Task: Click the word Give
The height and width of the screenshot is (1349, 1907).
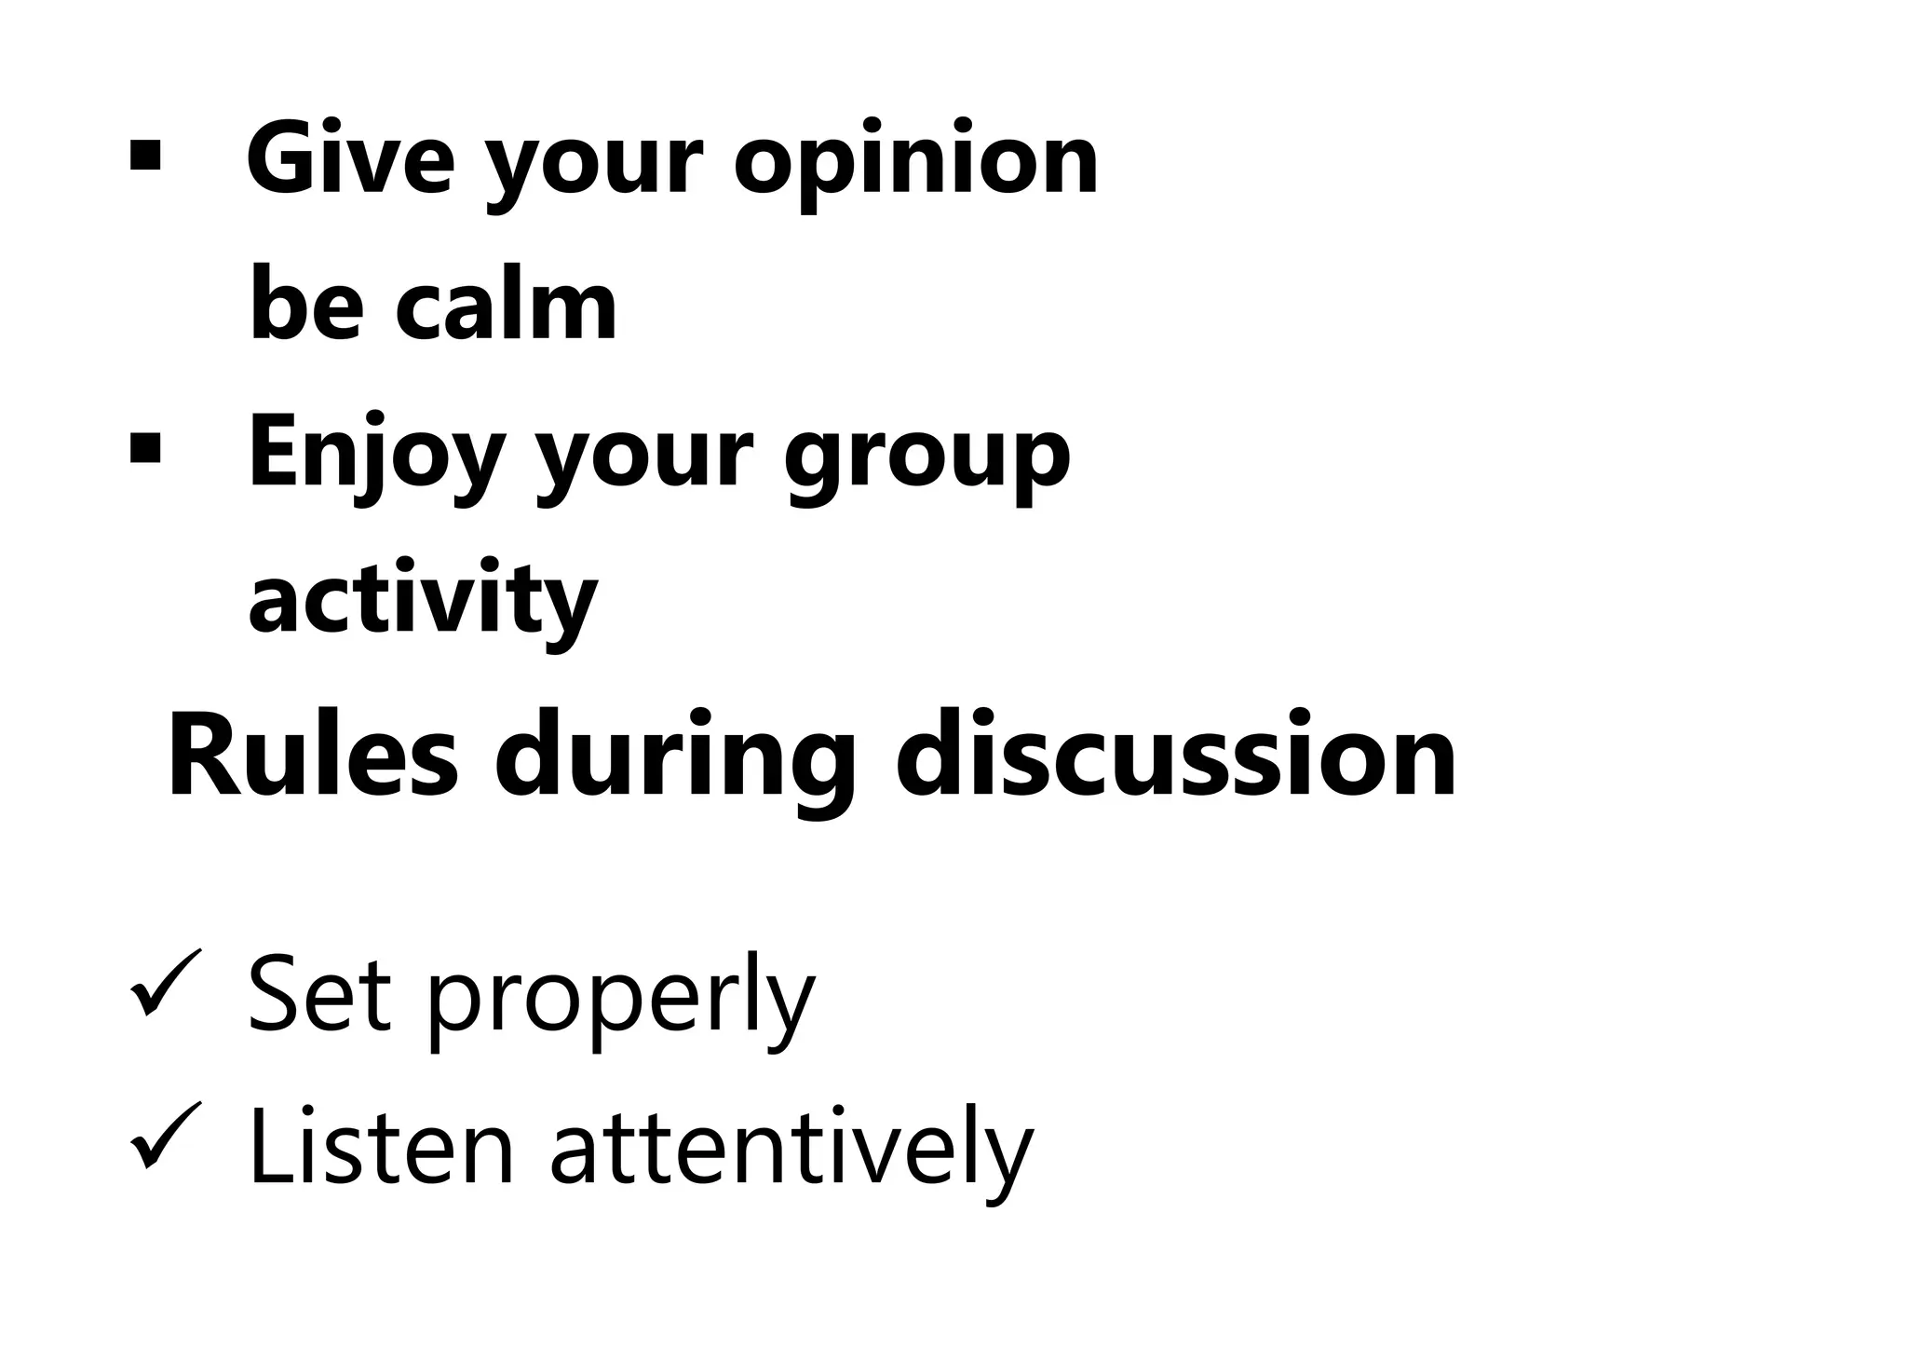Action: pos(350,160)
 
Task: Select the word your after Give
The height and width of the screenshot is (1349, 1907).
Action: pos(594,168)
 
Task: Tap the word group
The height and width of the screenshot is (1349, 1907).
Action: pos(926,461)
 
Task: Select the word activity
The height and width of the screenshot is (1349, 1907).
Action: pos(423,601)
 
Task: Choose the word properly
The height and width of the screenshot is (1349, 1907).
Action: pos(621,1002)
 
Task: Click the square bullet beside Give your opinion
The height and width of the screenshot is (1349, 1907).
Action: pos(145,156)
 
